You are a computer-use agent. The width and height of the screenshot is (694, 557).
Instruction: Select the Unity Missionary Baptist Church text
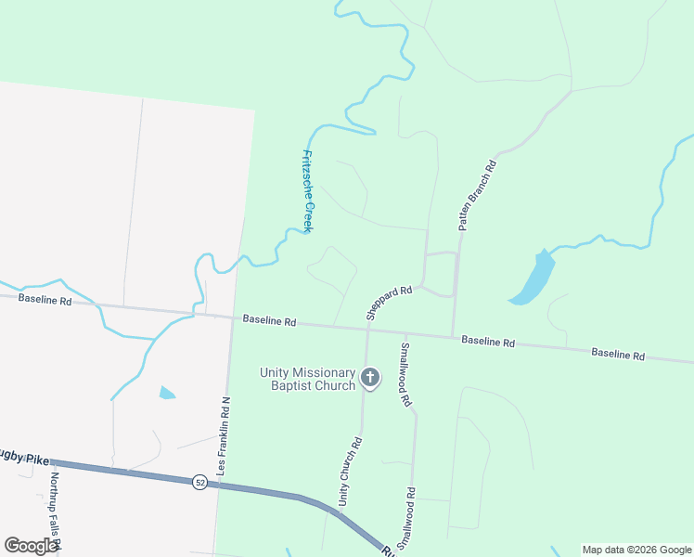point(308,379)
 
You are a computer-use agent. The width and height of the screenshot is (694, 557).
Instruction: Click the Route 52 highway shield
point(199,482)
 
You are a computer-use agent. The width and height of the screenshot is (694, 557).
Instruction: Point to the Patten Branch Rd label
point(478,195)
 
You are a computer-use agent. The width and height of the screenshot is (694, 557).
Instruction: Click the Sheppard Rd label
point(389,304)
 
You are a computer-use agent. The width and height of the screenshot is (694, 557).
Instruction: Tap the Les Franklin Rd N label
point(223,436)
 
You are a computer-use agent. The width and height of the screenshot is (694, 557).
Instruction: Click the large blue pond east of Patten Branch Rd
point(533,278)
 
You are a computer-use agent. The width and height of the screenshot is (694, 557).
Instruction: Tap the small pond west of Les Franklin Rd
point(166,393)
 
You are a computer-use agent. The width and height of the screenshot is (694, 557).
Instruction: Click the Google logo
point(32,546)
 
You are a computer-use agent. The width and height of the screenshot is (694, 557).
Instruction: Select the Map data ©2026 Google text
point(636,550)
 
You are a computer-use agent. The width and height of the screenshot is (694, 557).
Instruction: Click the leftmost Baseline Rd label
point(45,300)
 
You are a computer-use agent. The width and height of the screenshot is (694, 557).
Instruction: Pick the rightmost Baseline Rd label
point(618,354)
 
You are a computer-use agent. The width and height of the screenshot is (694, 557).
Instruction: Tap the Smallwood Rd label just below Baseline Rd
point(405,375)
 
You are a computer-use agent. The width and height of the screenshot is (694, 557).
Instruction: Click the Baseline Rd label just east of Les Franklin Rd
point(269,320)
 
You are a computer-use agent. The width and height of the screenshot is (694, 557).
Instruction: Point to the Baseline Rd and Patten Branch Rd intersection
point(453,337)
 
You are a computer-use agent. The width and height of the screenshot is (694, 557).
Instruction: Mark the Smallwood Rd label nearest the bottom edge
point(405,517)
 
